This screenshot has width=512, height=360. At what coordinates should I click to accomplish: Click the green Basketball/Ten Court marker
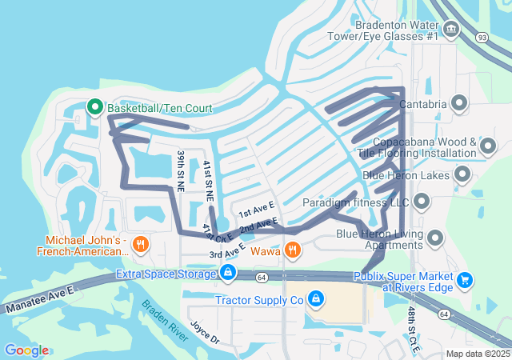click(94, 106)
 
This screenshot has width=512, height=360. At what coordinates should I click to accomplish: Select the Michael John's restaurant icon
click(140, 245)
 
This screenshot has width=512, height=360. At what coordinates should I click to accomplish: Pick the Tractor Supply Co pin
click(316, 299)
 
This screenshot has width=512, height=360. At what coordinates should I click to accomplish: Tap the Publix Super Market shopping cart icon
click(465, 280)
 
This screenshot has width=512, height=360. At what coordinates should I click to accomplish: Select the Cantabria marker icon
click(459, 102)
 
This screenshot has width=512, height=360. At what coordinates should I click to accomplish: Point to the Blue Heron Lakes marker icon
click(462, 174)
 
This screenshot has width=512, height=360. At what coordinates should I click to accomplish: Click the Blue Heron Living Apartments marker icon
click(436, 237)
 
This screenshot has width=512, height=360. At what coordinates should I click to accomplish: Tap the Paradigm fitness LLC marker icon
click(422, 202)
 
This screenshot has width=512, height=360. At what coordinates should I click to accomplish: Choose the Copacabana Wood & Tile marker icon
click(487, 146)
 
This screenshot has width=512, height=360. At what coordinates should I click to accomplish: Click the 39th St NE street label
click(182, 170)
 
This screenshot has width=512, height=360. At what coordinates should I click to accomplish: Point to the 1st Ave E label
click(256, 210)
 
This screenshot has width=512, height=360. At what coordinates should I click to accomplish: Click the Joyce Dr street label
click(205, 333)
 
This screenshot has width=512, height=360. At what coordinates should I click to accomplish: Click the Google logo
click(26, 350)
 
